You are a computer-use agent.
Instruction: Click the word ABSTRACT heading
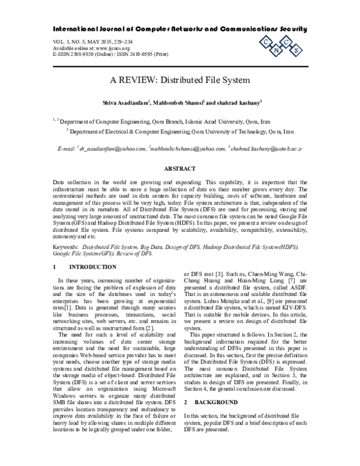(180, 169)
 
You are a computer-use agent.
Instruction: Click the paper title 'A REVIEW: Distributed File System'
(179, 79)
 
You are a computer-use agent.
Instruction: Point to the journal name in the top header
(179, 28)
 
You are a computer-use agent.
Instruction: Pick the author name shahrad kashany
(243, 102)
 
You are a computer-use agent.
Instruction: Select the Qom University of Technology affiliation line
(180, 131)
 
